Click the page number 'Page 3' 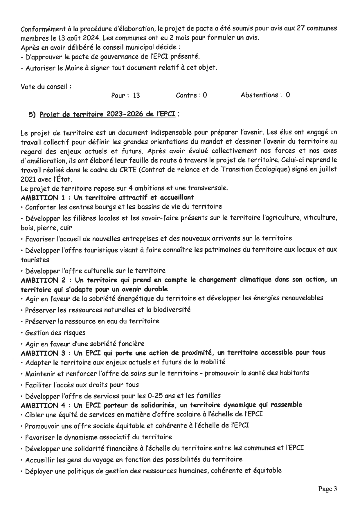point(327,489)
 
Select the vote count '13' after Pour point(136,95)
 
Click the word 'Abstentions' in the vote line point(260,95)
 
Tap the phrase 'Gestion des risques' point(55,333)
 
